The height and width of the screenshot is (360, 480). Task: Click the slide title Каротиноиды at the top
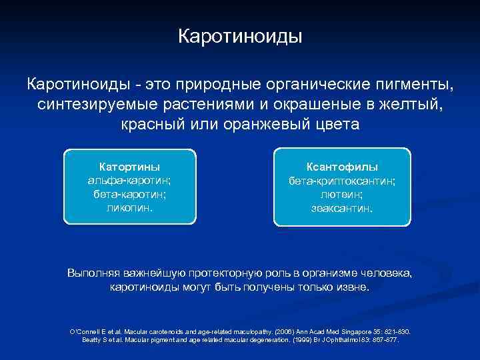pyautogui.click(x=240, y=35)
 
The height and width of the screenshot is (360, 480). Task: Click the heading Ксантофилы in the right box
pyautogui.click(x=342, y=167)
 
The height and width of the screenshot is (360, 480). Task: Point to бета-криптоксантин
pyautogui.click(x=342, y=181)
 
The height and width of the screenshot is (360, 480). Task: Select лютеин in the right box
pyautogui.click(x=342, y=194)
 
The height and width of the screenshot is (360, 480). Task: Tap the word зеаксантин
pyautogui.click(x=342, y=208)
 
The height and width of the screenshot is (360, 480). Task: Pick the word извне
pyautogui.click(x=352, y=288)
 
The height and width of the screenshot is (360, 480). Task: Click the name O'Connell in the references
pyautogui.click(x=85, y=331)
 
